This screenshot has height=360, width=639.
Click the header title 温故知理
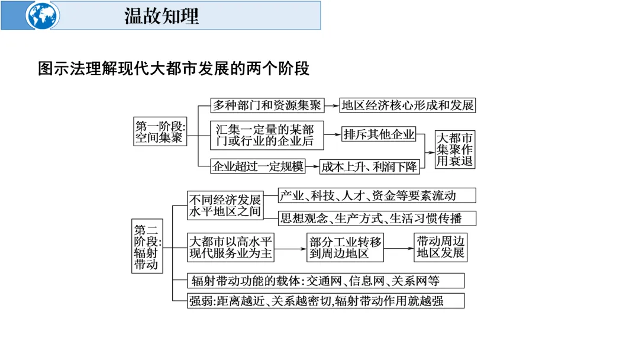point(161,15)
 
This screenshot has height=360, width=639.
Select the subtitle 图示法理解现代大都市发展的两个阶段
point(174,68)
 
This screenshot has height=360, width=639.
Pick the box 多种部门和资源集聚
point(267,105)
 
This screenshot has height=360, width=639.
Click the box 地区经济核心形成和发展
point(408,105)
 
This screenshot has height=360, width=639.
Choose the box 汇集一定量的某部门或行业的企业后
point(267,136)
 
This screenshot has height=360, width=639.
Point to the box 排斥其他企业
point(379,134)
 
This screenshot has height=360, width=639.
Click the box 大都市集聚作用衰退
point(455,149)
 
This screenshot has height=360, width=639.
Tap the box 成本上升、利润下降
point(370,166)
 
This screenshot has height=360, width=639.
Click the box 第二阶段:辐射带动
point(147,246)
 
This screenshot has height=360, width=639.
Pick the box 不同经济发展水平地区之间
point(225,205)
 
